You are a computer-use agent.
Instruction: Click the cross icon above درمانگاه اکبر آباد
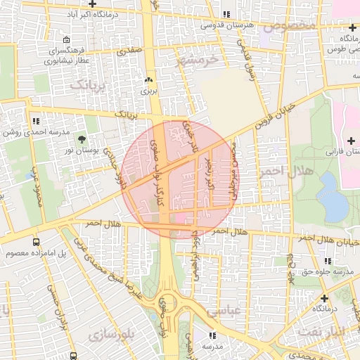(x=91, y=4)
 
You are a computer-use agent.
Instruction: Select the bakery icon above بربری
(x=148, y=79)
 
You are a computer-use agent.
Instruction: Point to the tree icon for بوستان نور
(x=82, y=139)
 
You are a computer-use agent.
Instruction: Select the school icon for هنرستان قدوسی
(x=226, y=14)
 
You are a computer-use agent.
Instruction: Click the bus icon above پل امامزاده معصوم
(x=36, y=241)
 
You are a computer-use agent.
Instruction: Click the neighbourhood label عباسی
(x=225, y=310)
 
